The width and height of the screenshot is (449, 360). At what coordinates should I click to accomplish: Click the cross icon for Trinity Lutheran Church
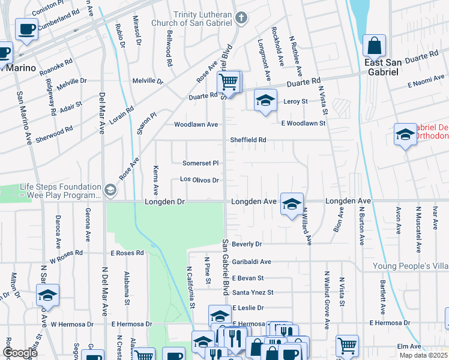241,19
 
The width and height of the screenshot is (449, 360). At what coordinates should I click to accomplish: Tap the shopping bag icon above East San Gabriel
375,45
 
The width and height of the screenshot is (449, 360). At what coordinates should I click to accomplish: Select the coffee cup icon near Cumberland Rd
26,29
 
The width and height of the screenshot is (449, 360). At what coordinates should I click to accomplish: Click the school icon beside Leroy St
265,100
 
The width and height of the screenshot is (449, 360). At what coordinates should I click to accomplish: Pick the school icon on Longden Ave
292,204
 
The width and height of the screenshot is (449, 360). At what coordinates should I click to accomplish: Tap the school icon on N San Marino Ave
47,295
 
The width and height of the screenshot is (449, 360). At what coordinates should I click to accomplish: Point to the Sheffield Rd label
248,140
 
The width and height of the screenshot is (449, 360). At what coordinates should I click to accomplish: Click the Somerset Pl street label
200,163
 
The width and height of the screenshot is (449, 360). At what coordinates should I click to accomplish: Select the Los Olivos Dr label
199,179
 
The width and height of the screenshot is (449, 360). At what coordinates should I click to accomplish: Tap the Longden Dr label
164,202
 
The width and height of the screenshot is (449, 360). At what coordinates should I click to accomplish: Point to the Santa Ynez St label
253,292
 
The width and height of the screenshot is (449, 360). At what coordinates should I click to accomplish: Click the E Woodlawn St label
303,123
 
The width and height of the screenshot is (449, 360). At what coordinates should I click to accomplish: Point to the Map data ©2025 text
423,355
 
